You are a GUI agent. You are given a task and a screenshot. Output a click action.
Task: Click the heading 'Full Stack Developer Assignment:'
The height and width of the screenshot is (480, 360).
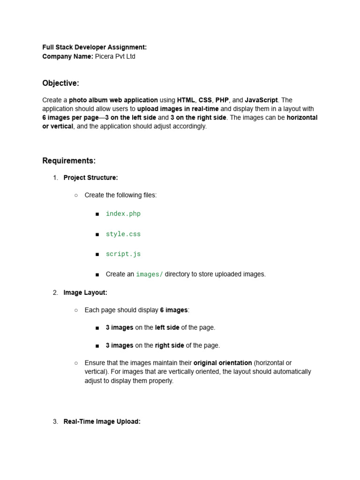click(x=94, y=47)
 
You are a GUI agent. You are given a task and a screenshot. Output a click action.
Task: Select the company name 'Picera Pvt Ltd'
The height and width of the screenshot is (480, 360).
click(x=115, y=57)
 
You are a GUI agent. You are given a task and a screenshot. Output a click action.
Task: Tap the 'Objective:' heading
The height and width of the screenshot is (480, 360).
click(x=60, y=83)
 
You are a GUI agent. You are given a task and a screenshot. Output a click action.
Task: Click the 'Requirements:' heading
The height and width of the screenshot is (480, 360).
click(x=69, y=161)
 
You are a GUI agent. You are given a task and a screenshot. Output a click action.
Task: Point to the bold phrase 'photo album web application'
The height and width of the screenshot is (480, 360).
click(x=113, y=100)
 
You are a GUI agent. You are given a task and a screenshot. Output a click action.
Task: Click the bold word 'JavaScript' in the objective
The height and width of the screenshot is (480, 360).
click(x=261, y=100)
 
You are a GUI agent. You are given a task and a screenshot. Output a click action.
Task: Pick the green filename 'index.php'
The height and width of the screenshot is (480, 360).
click(x=123, y=214)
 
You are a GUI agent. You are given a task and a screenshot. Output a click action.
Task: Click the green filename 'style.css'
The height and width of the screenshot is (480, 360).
click(x=123, y=234)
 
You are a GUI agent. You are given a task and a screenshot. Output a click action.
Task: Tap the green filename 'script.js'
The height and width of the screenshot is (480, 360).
click(x=123, y=254)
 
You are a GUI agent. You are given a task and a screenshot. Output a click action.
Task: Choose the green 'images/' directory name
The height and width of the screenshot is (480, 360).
click(x=150, y=274)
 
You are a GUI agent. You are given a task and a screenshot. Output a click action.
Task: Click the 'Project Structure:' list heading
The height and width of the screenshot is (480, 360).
click(x=90, y=178)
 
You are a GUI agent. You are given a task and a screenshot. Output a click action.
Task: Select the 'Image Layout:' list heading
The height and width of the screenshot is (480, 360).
click(x=85, y=292)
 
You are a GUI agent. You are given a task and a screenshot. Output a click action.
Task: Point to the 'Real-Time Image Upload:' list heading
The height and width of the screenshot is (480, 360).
click(x=102, y=421)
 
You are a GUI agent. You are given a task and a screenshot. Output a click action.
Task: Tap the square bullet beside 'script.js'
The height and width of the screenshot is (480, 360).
click(x=97, y=255)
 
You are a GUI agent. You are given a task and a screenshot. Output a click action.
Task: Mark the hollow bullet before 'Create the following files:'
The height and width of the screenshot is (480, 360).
click(x=76, y=195)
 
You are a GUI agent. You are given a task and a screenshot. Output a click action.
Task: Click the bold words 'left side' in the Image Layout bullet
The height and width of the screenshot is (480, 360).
click(x=167, y=328)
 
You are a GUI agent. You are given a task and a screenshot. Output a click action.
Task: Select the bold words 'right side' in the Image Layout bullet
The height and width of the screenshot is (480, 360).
click(x=169, y=345)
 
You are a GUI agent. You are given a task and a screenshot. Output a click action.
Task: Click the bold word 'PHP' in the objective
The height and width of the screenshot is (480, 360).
click(x=222, y=100)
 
